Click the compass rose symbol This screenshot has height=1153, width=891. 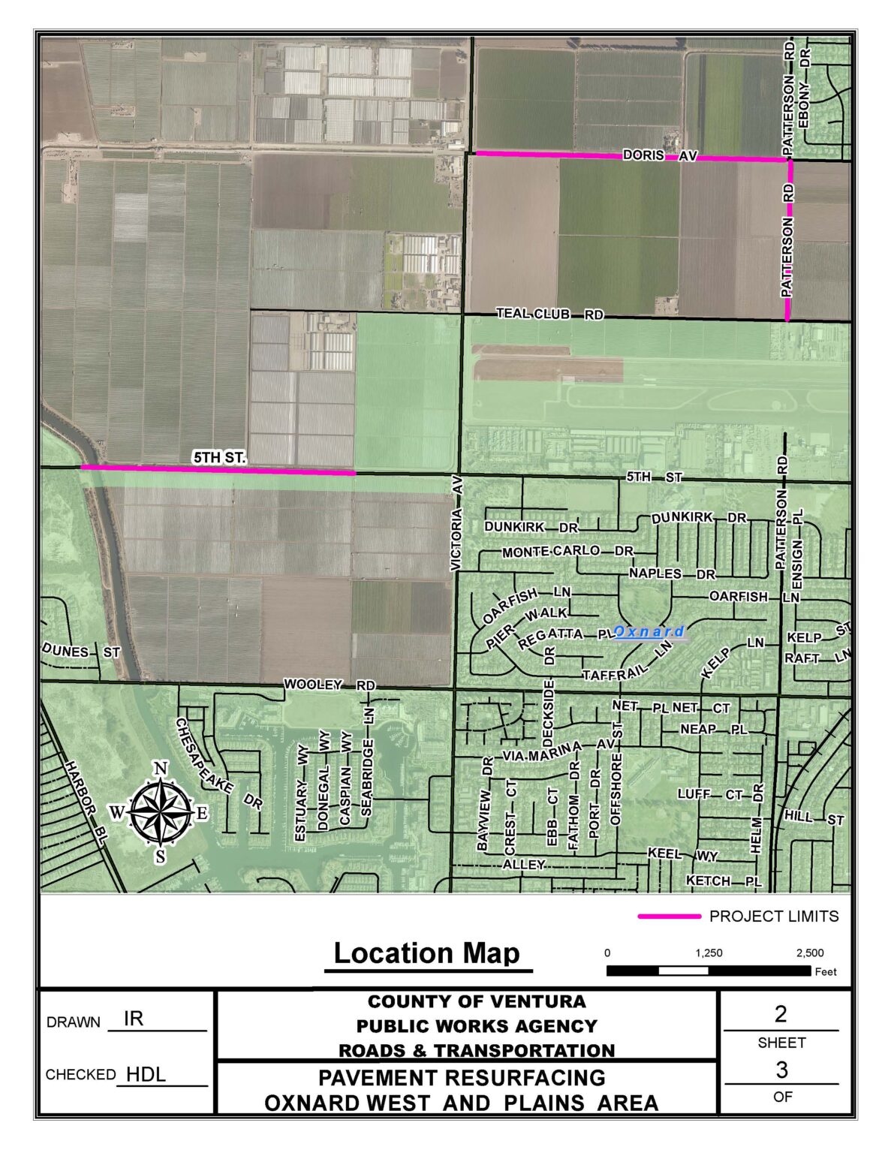[x=160, y=812]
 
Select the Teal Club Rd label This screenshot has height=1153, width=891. [x=549, y=314]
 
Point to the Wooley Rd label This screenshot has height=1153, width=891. [x=329, y=685]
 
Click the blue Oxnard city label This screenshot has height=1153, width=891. [x=649, y=632]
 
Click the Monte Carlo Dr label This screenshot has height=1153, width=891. [x=567, y=552]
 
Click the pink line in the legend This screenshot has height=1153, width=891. [x=668, y=917]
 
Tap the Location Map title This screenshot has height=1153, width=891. [x=426, y=953]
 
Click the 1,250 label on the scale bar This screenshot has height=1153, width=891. [x=709, y=953]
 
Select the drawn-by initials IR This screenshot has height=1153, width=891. [x=134, y=1019]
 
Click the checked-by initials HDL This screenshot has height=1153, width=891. [x=146, y=1074]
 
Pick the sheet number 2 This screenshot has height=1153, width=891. [x=781, y=1014]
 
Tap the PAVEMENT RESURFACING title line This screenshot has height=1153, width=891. [x=462, y=1078]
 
